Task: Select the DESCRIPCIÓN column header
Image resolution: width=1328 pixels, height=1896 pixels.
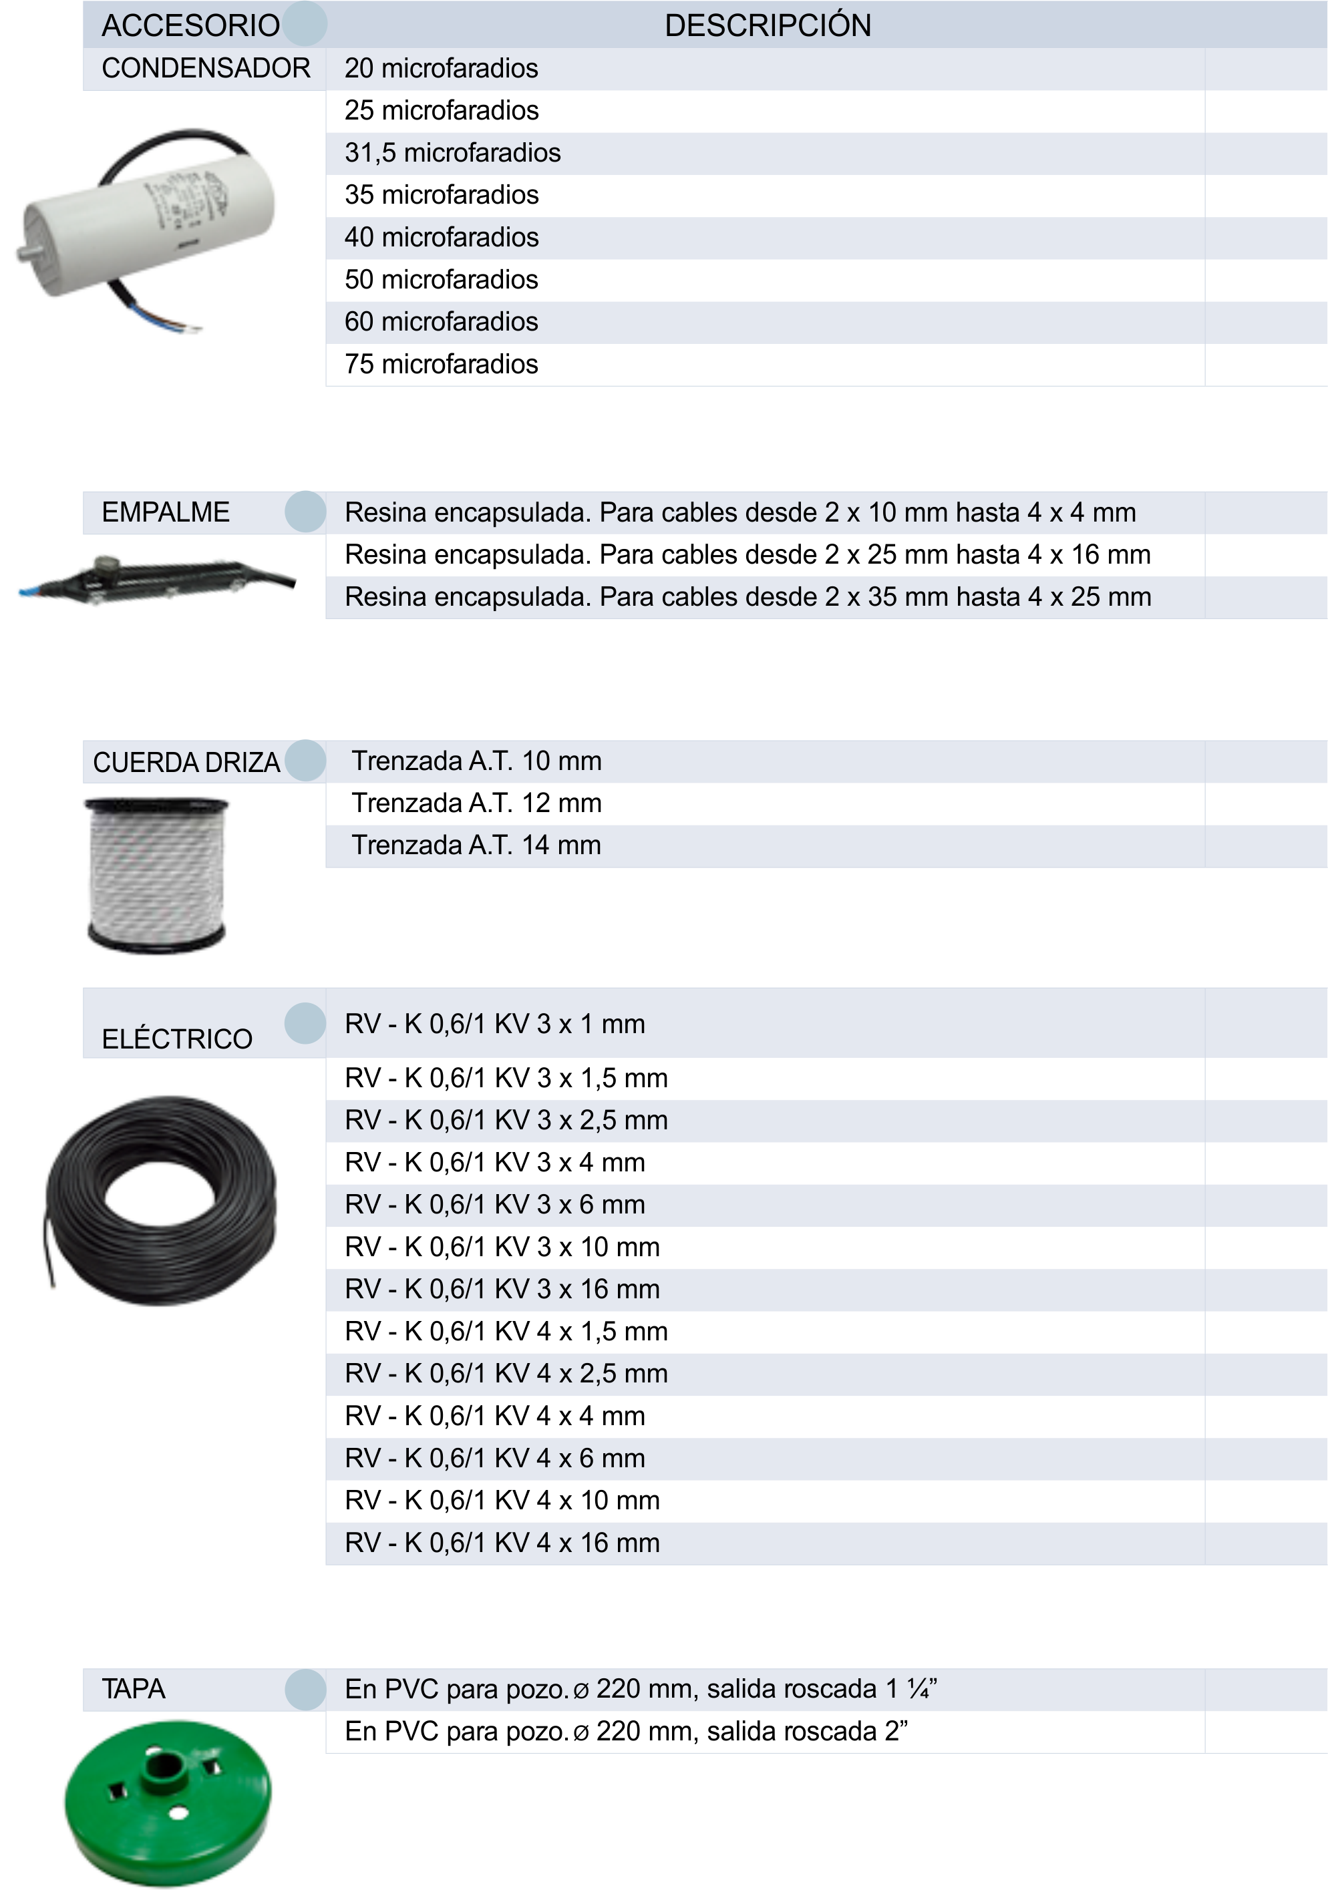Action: pyautogui.click(x=768, y=25)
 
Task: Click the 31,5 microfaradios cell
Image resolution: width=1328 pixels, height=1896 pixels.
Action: pyautogui.click(x=453, y=153)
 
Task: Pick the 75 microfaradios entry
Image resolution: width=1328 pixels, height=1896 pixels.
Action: pyautogui.click(x=441, y=364)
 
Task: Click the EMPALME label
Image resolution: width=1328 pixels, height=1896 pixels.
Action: pyautogui.click(x=165, y=513)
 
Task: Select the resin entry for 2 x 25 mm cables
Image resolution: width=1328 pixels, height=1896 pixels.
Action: pyautogui.click(x=747, y=555)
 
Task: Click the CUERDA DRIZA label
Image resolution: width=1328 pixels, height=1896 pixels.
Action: pyautogui.click(x=186, y=762)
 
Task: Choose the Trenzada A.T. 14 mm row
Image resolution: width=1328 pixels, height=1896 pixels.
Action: pyautogui.click(x=476, y=845)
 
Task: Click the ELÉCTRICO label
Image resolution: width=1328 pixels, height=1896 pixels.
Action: pyautogui.click(x=177, y=1039)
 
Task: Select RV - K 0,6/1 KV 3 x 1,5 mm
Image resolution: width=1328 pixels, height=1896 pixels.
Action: pyautogui.click(x=506, y=1079)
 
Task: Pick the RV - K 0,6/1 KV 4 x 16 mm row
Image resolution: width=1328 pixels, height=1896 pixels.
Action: pyautogui.click(x=502, y=1543)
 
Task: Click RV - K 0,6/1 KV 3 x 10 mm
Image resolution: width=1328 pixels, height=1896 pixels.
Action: pyautogui.click(x=502, y=1247)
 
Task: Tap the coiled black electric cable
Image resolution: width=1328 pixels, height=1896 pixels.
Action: pyautogui.click(x=161, y=1201)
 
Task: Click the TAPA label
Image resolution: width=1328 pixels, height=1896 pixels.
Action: pyautogui.click(x=134, y=1689)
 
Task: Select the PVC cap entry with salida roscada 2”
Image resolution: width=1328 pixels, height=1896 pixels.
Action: pyautogui.click(x=626, y=1731)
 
